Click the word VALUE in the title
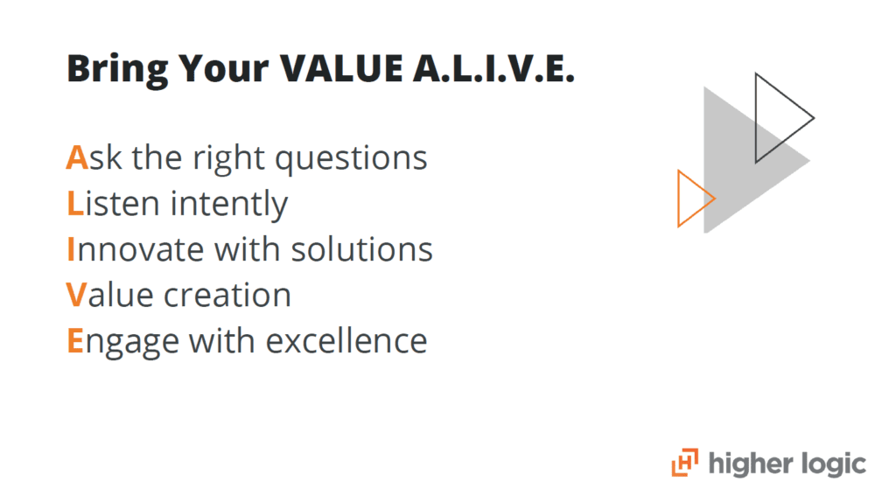[x=341, y=68]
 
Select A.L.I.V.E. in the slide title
[x=493, y=68]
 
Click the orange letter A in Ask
[x=77, y=157]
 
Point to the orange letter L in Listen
[x=75, y=203]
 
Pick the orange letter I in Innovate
[x=71, y=249]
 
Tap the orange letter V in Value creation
[x=77, y=295]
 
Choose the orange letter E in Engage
[x=75, y=340]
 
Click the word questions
[x=351, y=160]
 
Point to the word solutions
[x=361, y=249]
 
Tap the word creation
[x=227, y=296]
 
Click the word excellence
[x=346, y=341]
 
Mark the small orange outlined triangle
[x=678, y=199]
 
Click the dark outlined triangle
[x=756, y=118]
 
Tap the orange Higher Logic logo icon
[x=684, y=462]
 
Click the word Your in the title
[x=224, y=68]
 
